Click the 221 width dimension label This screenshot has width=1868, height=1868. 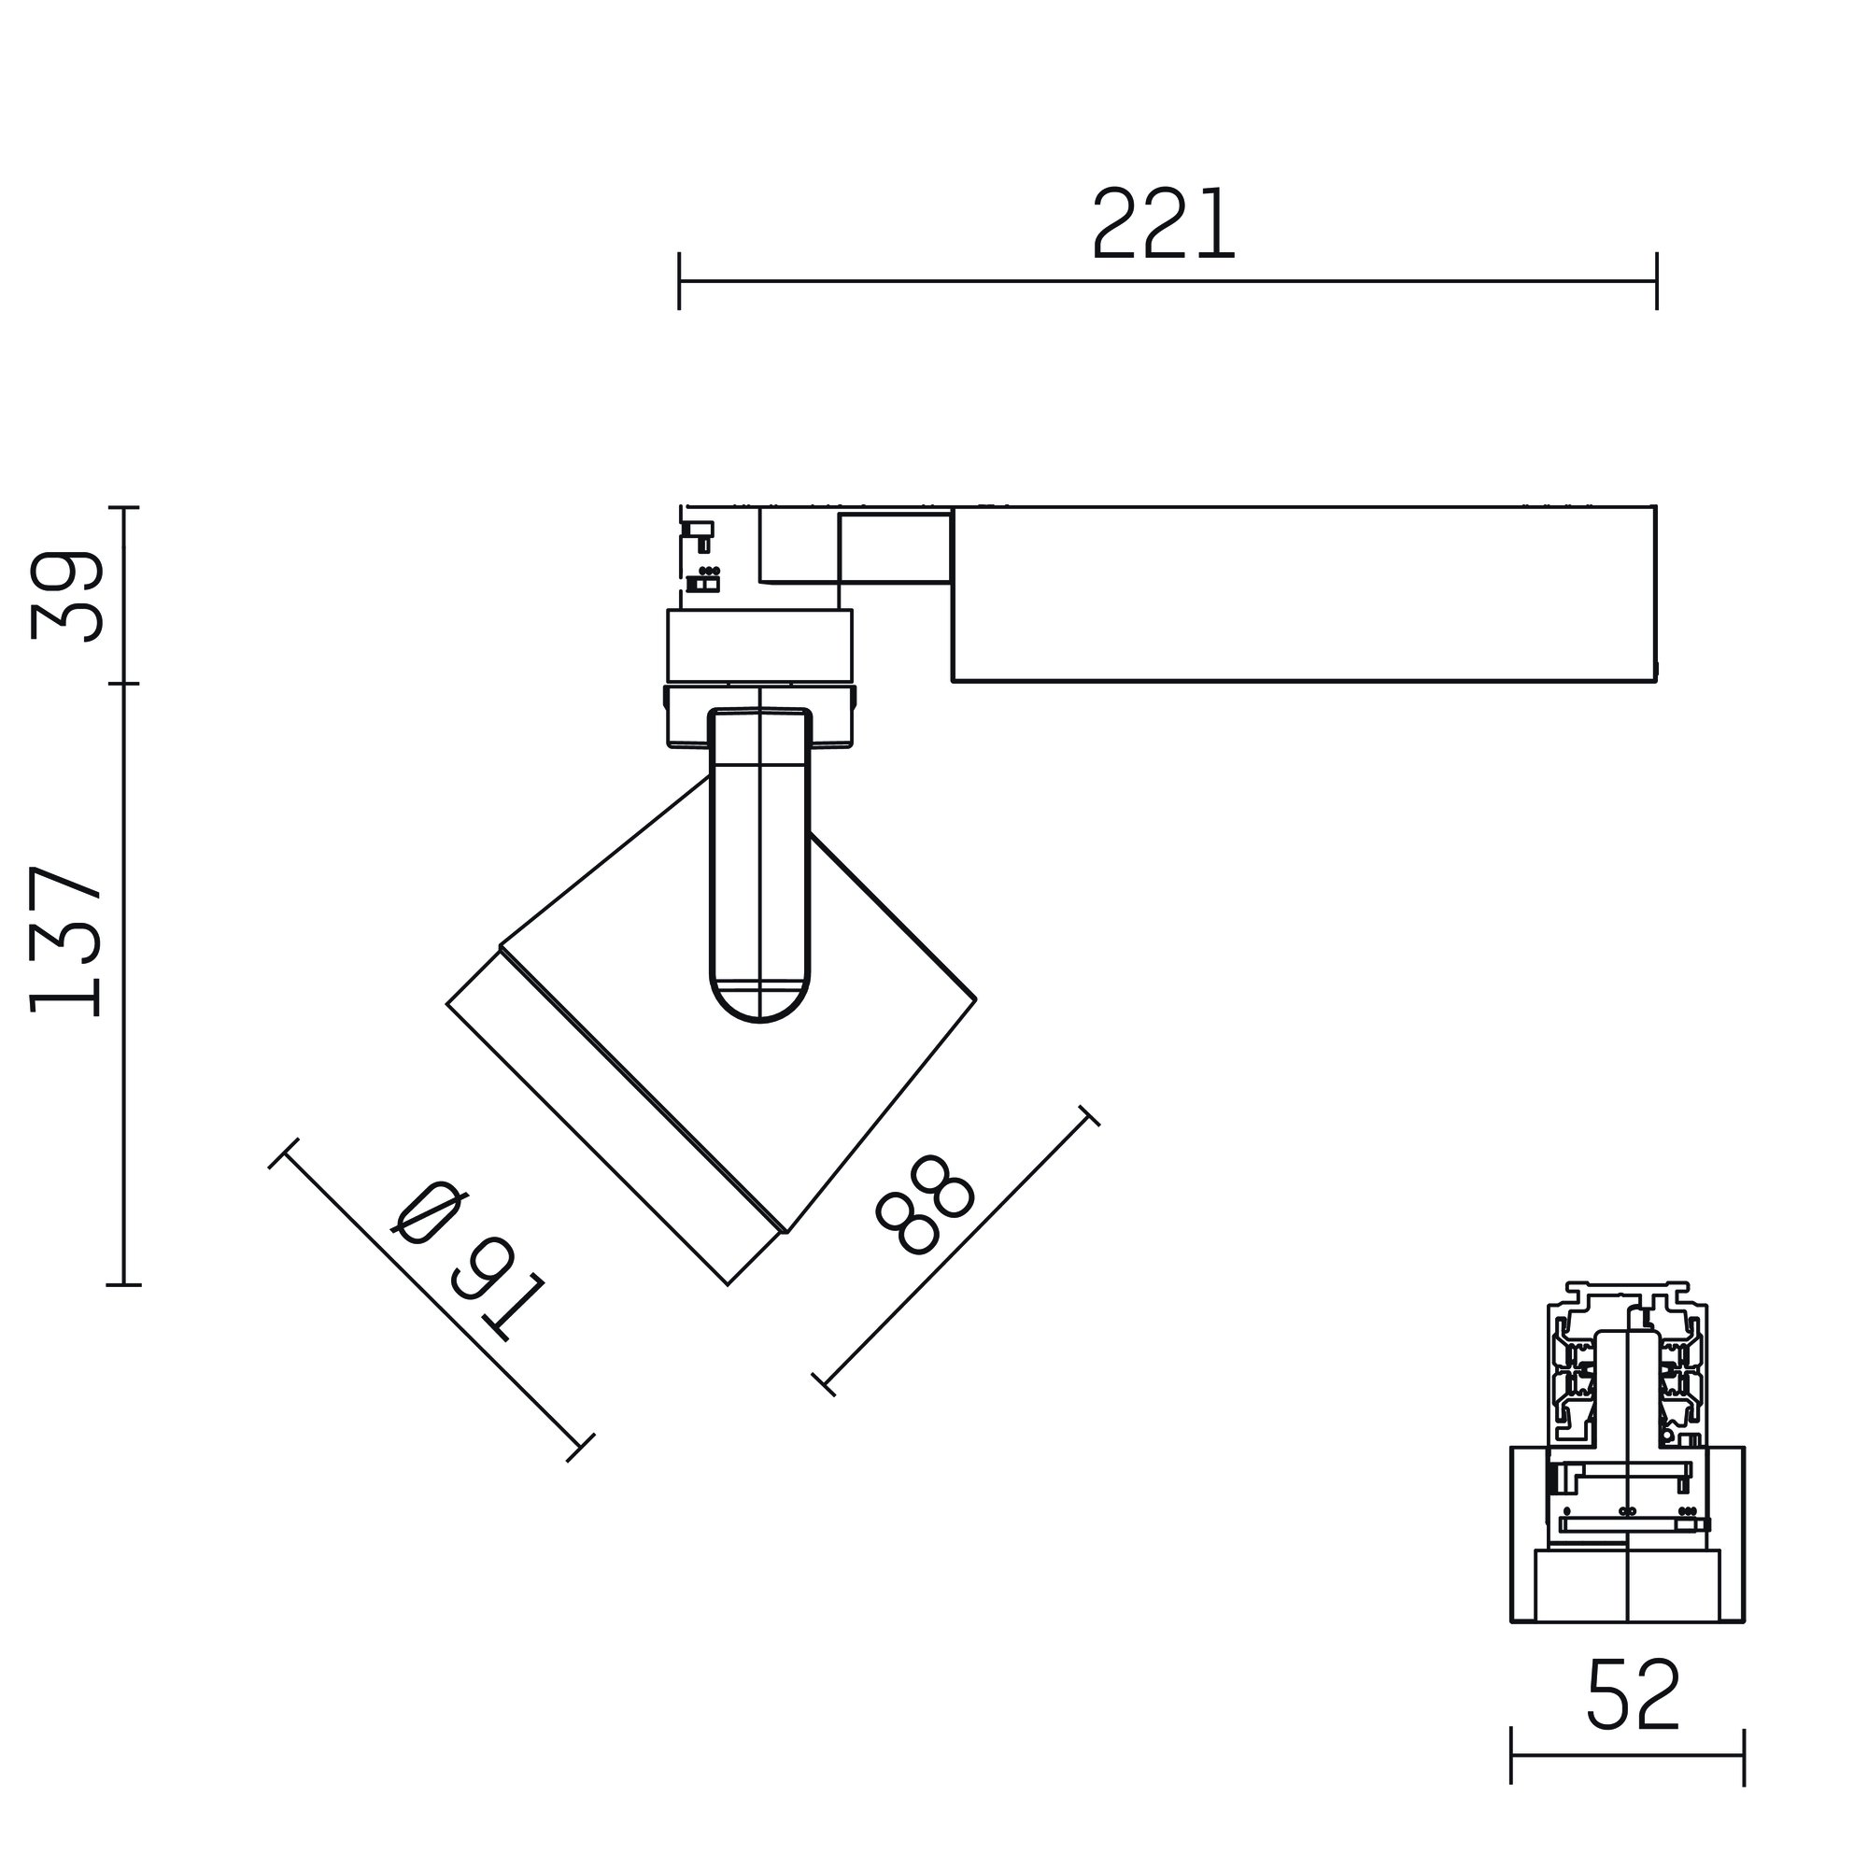[1164, 224]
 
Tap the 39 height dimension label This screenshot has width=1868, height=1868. [66, 597]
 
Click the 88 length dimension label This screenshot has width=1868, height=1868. [922, 1205]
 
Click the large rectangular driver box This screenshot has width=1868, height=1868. [1303, 594]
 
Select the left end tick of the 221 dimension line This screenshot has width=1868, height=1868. [679, 281]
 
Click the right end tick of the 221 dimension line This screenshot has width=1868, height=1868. [1657, 281]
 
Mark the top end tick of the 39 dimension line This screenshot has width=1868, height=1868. [124, 506]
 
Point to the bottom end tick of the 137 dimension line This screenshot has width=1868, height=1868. [124, 1285]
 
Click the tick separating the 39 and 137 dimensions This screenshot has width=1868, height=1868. [124, 684]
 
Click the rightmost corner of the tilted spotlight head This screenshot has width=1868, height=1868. [976, 998]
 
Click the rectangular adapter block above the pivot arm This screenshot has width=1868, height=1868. [760, 646]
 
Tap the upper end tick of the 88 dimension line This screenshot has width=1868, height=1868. [1089, 1115]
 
